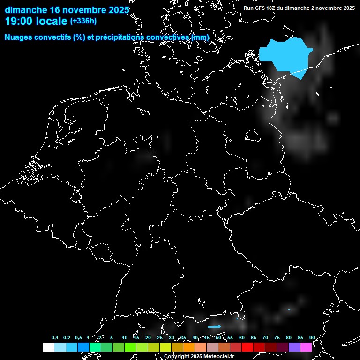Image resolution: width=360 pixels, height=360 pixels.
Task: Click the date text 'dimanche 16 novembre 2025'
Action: (67, 10)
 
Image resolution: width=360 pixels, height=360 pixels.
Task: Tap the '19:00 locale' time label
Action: (37, 21)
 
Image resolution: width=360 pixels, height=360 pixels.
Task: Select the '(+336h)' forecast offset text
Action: (83, 21)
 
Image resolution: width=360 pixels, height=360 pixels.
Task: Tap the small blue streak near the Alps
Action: (214, 327)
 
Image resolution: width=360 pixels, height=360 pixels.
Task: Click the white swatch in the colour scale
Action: (48, 347)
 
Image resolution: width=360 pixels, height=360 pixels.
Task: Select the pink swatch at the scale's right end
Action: (306, 347)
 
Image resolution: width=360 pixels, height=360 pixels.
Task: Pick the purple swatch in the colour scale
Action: (294, 347)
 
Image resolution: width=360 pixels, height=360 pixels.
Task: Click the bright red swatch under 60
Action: (247, 347)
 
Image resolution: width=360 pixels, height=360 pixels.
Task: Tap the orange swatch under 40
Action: (189, 347)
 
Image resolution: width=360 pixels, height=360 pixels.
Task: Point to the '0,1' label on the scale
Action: (55, 338)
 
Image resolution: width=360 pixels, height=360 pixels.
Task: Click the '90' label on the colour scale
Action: (312, 338)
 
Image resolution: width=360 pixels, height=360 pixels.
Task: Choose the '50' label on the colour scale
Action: (218, 338)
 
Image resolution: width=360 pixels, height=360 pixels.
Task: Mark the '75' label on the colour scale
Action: (277, 338)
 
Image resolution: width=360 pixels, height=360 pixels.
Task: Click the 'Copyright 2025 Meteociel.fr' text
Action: (199, 356)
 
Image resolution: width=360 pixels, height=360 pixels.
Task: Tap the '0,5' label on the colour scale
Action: (78, 338)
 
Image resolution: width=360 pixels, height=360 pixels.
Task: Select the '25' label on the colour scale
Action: (160, 338)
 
